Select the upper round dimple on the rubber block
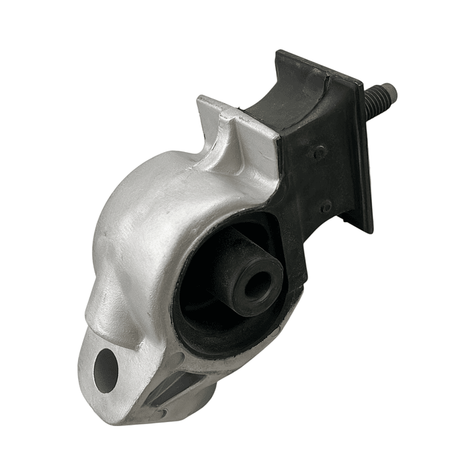point(319,153)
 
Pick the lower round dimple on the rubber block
point(326,207)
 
